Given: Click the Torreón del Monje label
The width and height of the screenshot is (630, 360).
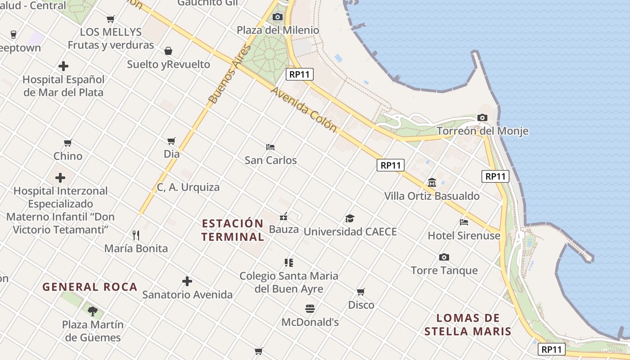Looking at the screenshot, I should [482, 131].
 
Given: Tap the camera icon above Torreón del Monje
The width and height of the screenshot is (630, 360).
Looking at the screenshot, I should [482, 118].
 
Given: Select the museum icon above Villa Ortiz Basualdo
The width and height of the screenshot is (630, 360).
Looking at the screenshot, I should [432, 183].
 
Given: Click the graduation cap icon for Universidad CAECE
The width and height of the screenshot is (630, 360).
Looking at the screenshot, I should [350, 219].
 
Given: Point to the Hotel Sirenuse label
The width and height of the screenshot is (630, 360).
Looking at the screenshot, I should [463, 235].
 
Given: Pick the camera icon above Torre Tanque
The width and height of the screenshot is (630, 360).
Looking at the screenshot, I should [444, 257].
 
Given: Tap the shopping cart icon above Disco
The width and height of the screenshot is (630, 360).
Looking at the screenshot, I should [361, 292].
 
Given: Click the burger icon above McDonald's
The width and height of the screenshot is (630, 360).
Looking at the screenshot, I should [310, 309].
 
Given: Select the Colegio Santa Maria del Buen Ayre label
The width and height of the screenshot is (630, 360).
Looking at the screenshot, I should [289, 282].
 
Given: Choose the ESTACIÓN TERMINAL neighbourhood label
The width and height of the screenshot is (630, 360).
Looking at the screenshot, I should [233, 230].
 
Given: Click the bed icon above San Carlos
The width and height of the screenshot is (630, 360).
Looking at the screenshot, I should [270, 147].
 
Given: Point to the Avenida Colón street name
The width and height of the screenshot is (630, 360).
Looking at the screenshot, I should [304, 110].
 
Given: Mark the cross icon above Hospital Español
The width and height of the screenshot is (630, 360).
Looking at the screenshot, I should [63, 67].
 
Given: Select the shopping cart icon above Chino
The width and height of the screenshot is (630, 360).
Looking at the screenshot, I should [68, 143].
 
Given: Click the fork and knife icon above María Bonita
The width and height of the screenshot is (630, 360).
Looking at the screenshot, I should [136, 235].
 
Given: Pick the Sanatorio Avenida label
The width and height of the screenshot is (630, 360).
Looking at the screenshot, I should [187, 295].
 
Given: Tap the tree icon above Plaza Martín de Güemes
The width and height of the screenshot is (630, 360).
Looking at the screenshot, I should [93, 310].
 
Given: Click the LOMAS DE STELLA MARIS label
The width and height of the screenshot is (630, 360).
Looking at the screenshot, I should [468, 325].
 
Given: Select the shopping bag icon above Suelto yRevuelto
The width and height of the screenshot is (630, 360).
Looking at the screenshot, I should [168, 51].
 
